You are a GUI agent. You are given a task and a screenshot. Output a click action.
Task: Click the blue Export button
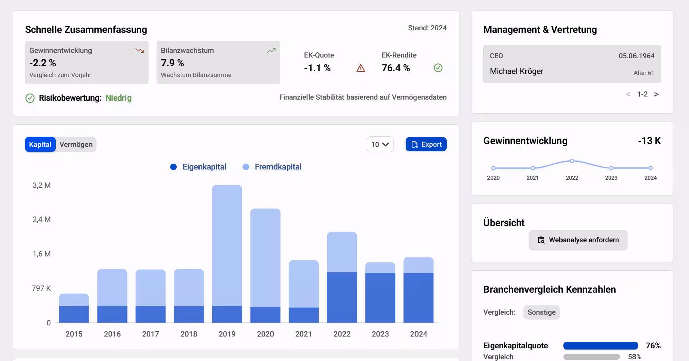[426, 144]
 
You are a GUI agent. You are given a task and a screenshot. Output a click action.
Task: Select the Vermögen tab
[76, 145]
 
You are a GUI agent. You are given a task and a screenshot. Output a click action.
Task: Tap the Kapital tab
[40, 145]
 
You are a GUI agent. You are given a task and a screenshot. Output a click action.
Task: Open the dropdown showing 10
[380, 145]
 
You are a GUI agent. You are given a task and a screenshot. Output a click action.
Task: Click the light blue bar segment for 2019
[227, 245]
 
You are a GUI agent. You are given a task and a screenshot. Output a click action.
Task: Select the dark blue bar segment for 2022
[342, 297]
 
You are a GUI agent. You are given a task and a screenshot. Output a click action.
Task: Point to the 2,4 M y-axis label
[42, 219]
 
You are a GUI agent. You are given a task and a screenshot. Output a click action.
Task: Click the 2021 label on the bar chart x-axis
[303, 334]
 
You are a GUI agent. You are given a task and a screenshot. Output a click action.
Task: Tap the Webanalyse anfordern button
[578, 240]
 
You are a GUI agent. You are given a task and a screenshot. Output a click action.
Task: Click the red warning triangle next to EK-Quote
[361, 68]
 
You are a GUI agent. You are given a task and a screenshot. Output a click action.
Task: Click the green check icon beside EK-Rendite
[438, 68]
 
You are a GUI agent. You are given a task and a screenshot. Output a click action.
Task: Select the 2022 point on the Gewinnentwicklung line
[572, 161]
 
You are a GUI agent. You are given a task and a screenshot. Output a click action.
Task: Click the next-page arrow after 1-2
[656, 94]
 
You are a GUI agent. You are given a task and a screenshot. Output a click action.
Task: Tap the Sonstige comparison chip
[541, 312]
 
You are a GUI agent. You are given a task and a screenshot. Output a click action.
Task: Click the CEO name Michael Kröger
[516, 71]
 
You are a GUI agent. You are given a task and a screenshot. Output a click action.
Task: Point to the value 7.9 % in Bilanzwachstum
[172, 63]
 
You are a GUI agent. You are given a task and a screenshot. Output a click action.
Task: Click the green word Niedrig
[118, 98]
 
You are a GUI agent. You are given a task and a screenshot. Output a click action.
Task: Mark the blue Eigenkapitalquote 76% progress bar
[600, 346]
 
